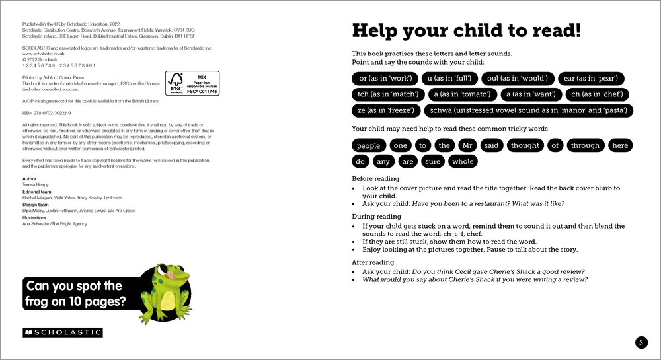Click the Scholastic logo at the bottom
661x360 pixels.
[63, 332]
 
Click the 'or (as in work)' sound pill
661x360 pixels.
[385, 79]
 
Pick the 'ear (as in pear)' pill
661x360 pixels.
[592, 79]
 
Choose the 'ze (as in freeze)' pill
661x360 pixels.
[386, 110]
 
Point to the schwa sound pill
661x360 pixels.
[529, 110]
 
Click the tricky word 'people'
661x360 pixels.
[368, 145]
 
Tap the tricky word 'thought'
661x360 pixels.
[525, 145]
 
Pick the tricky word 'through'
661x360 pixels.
[585, 145]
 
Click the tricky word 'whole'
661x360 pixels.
[463, 161]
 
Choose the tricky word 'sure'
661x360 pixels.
[433, 161]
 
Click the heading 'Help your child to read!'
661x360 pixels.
[466, 30]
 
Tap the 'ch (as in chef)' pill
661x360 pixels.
[598, 94]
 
